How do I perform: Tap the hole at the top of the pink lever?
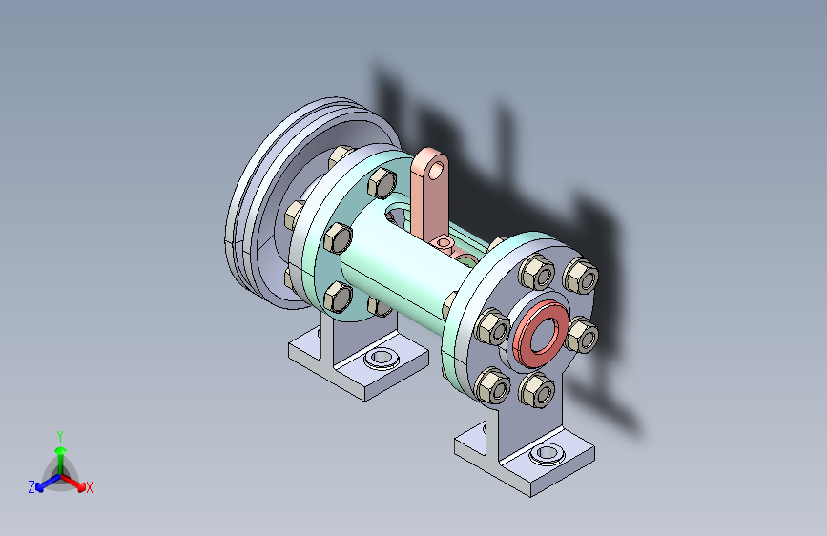[x=437, y=170]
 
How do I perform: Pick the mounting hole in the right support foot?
[x=547, y=453]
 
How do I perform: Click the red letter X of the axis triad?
[x=89, y=487]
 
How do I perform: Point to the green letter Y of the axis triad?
[x=60, y=436]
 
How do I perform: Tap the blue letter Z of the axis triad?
[x=31, y=487]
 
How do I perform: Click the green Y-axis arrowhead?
[x=61, y=450]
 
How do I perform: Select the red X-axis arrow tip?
[x=81, y=487]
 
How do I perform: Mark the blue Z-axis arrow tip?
[x=39, y=487]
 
